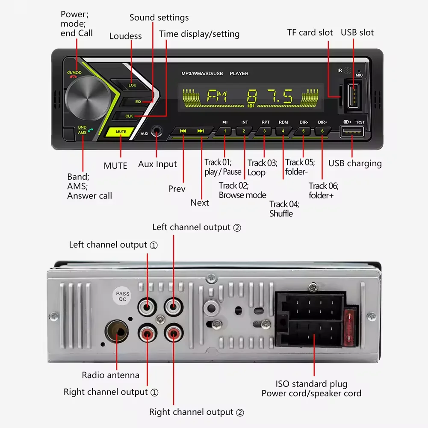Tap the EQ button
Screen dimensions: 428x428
[x=138, y=102]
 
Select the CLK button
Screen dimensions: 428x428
[x=129, y=116]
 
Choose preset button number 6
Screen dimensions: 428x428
[x=323, y=131]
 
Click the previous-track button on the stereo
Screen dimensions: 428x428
[x=183, y=131]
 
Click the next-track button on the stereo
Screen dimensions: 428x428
[x=201, y=131]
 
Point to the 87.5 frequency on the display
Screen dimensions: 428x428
[x=270, y=97]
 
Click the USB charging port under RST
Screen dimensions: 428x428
[x=352, y=132]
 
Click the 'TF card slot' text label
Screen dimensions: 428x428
[x=310, y=32]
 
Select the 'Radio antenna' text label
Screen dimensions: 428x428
[x=111, y=375]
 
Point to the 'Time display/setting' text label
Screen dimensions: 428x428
[x=199, y=34]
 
